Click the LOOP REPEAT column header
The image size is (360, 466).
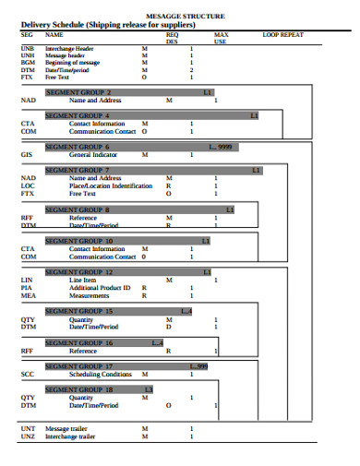pos(282,34)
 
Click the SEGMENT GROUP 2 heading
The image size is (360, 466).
pos(78,92)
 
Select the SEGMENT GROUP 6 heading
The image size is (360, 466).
pos(78,147)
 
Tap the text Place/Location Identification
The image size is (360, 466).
pos(110,185)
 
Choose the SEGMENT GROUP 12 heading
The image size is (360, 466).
pos(79,272)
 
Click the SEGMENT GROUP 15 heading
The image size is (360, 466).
pos(79,311)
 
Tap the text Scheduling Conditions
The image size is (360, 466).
pos(101,375)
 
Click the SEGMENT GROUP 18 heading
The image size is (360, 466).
pos(79,389)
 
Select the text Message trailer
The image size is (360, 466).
pos(68,428)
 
